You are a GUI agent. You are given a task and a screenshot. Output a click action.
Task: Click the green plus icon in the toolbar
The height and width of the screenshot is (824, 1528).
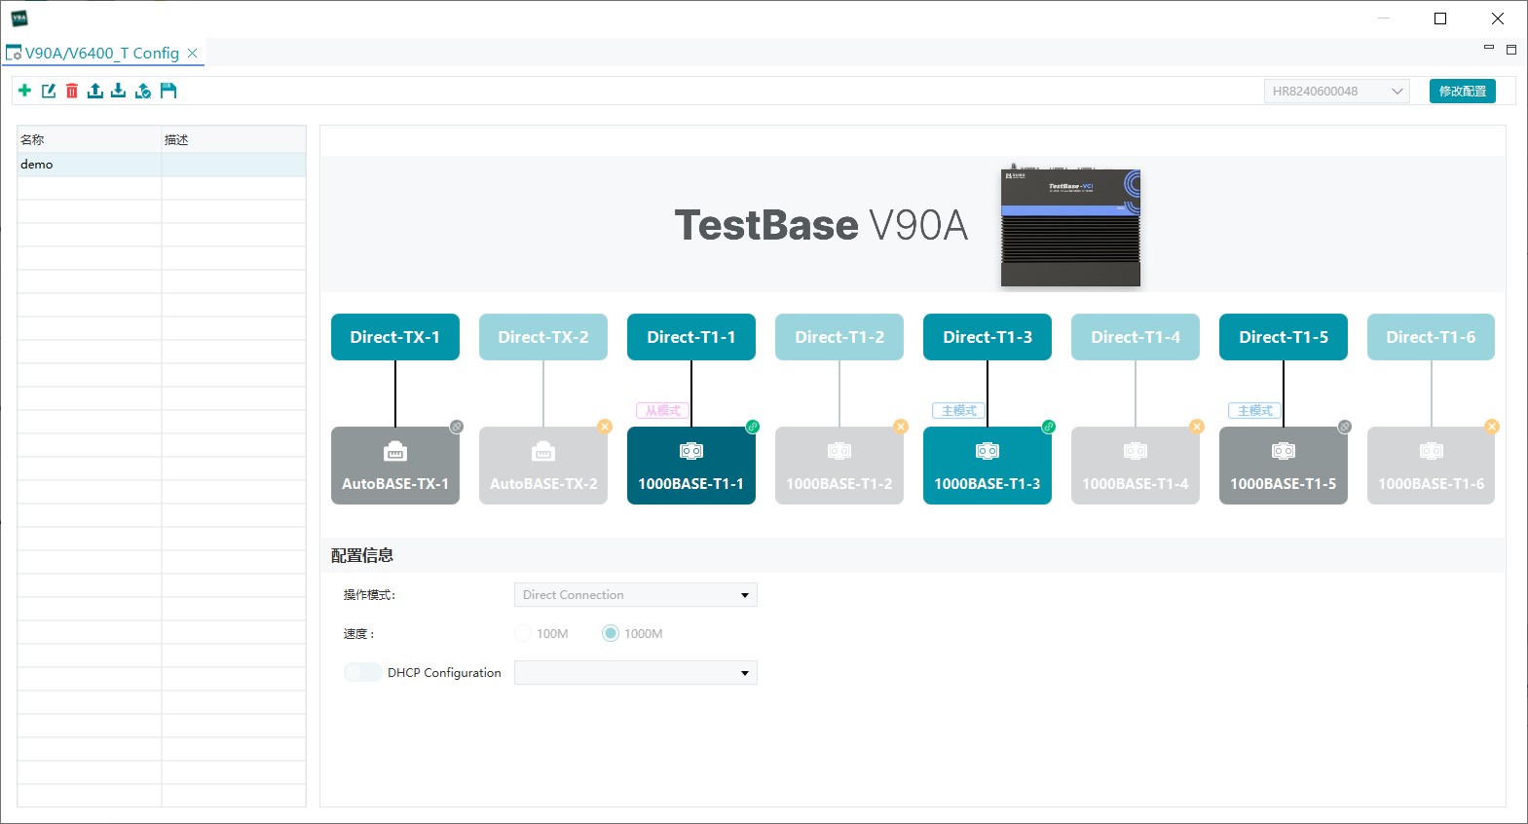(24, 91)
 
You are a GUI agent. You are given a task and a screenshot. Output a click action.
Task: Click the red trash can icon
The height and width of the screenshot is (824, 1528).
(72, 91)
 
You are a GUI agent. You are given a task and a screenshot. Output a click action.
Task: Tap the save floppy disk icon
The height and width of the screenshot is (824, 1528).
(168, 91)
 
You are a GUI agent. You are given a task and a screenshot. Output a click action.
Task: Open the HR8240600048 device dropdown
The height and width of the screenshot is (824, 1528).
(1336, 92)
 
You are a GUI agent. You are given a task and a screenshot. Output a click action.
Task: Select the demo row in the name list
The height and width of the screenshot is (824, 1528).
(89, 165)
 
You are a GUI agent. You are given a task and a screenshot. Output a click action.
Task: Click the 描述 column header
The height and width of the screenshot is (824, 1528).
(233, 139)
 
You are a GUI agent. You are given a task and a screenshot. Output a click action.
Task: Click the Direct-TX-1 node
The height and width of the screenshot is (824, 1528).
(394, 337)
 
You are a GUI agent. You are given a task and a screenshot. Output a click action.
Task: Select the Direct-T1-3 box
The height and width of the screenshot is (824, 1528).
(987, 337)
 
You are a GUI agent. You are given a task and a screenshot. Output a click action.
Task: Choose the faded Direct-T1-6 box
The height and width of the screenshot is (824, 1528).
(1431, 337)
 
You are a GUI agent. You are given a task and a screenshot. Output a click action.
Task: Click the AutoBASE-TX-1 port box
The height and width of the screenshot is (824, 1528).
(394, 466)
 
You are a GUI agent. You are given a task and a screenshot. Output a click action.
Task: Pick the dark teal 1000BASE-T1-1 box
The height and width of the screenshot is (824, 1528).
(690, 466)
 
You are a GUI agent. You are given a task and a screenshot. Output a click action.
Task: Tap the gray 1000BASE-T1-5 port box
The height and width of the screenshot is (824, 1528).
(1283, 466)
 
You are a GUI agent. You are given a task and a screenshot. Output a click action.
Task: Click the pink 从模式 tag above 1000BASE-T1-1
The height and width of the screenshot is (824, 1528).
(662, 411)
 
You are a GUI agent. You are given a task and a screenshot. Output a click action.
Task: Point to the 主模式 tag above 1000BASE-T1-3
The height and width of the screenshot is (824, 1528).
(958, 411)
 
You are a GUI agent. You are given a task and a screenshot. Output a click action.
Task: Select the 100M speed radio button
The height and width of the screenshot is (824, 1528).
(524, 633)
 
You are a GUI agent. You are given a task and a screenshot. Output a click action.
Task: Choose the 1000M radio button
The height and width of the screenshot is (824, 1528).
(611, 633)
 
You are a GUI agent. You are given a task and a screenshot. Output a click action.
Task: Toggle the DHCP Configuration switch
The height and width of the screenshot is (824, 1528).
(362, 672)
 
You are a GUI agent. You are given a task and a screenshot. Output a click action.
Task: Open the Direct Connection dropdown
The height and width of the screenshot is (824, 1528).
(635, 595)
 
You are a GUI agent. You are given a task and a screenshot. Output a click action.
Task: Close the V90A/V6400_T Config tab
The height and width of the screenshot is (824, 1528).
(192, 54)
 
